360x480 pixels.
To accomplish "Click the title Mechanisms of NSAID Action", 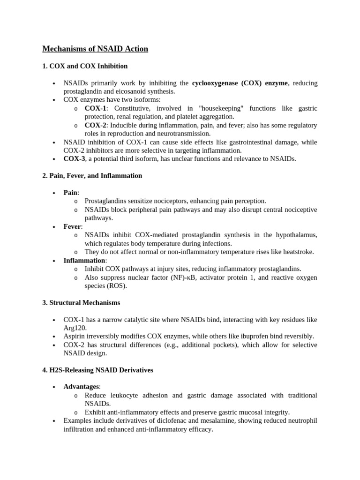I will tap(95, 49).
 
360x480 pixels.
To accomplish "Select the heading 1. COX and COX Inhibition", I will tap(85, 66).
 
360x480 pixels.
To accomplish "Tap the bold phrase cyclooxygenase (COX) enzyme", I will tap(240, 83).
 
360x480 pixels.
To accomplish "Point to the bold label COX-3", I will tap(74, 159).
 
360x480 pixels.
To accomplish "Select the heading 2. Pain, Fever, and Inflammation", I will tap(92, 176).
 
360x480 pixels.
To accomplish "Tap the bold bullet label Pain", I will tap(71, 193).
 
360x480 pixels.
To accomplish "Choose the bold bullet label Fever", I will tap(73, 226).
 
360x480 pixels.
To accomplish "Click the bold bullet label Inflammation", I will tap(85, 260).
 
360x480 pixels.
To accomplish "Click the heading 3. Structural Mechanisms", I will tap(81, 302).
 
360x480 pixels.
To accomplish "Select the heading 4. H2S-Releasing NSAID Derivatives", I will tap(97, 370).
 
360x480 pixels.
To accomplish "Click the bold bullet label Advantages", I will tap(81, 387).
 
